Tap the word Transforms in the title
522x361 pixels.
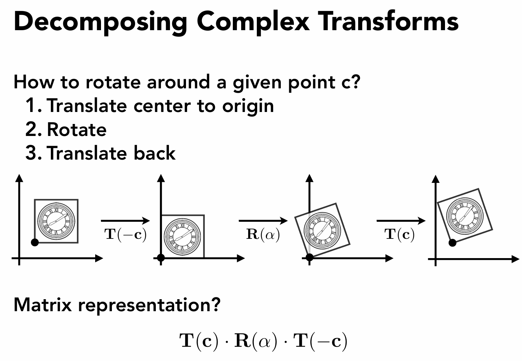coord(388,21)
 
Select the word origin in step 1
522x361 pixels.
coord(248,106)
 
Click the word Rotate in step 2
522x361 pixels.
coord(77,130)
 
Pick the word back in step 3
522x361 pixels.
coord(154,153)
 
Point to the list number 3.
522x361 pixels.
coord(31,153)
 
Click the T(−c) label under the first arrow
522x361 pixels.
coord(126,234)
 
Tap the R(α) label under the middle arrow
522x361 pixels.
coord(263,234)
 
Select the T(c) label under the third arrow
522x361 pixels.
coord(400,234)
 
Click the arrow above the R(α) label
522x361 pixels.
coord(263,220)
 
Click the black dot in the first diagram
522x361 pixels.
coord(35,242)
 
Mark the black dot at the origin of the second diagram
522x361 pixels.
coord(161,258)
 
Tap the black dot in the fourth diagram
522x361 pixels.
coord(452,242)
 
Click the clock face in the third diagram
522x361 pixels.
coord(322,230)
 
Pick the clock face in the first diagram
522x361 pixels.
coord(56,221)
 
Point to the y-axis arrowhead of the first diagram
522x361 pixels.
coord(19,178)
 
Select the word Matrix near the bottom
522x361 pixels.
coord(43,305)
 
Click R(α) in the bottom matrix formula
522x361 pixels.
coord(255,341)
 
